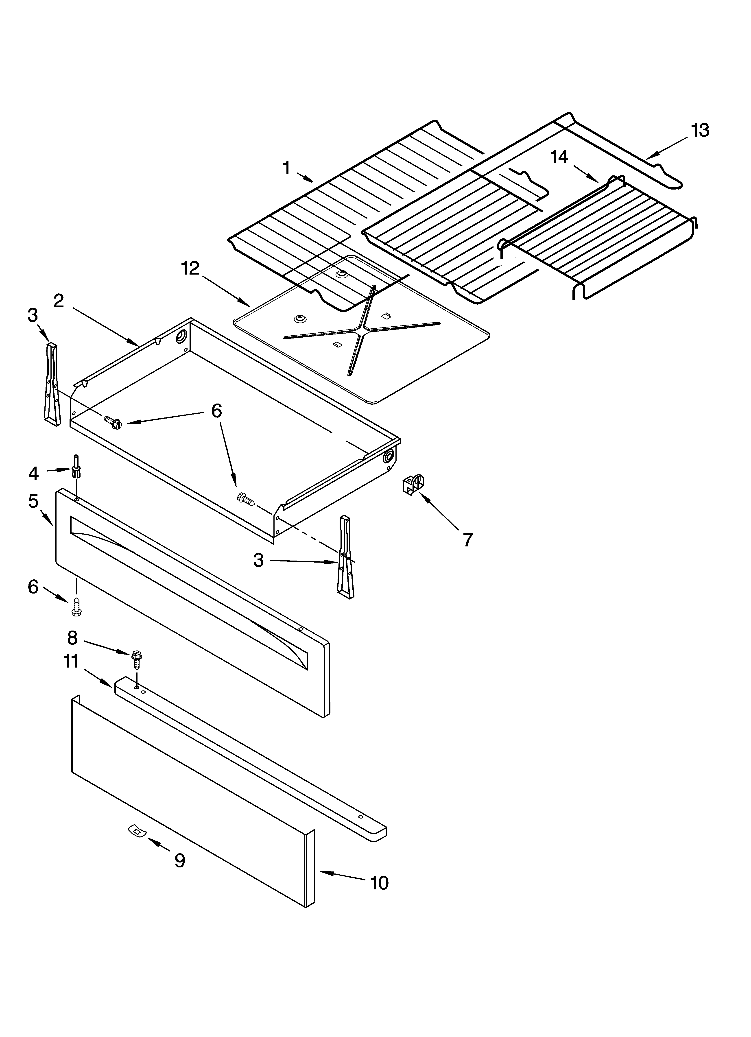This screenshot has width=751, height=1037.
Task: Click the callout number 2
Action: [x=59, y=301]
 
